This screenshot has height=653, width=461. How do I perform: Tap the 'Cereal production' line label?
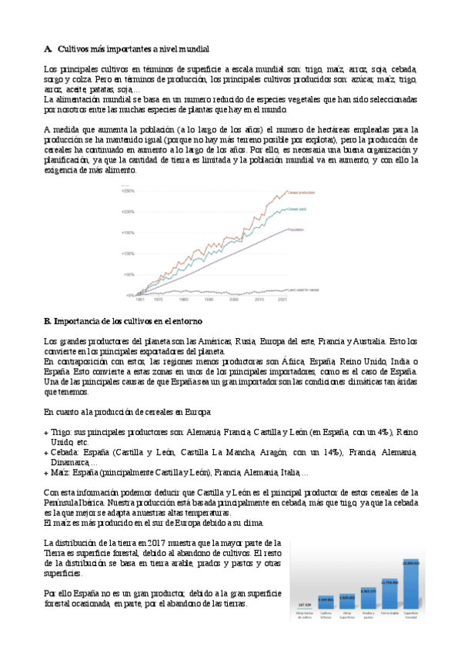click(x=322, y=191)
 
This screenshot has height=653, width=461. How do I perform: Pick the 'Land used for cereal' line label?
click(x=319, y=290)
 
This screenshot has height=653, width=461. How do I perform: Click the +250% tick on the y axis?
click(x=128, y=191)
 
